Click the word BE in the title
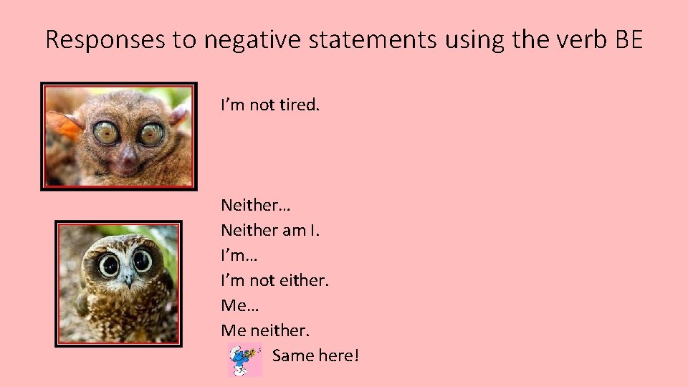(x=629, y=39)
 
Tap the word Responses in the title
(x=105, y=40)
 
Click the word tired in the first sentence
(x=299, y=105)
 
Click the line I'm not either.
(x=274, y=280)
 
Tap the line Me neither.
(x=265, y=330)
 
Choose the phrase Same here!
(x=315, y=355)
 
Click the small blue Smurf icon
(x=244, y=359)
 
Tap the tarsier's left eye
(x=106, y=132)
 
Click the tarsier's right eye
(x=150, y=133)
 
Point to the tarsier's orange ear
(x=63, y=125)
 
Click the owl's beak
(x=128, y=279)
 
